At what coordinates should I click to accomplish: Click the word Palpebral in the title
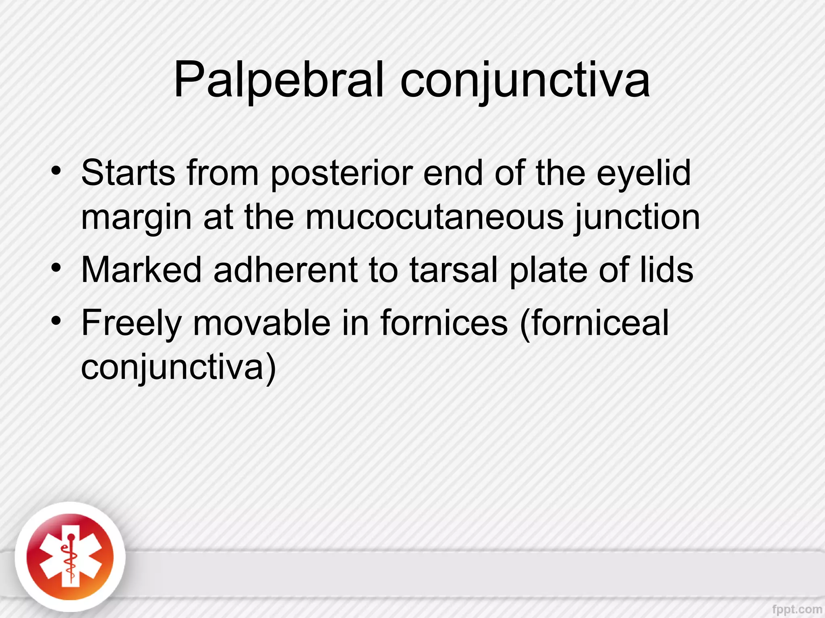(x=278, y=80)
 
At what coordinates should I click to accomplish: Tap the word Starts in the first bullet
(x=128, y=173)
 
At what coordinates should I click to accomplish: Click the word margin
(x=137, y=218)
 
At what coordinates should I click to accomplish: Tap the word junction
(x=637, y=218)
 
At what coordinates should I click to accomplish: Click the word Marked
(x=141, y=270)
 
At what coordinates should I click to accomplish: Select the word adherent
(x=285, y=270)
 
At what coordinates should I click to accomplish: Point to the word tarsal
(x=454, y=270)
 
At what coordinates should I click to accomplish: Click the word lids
(x=667, y=270)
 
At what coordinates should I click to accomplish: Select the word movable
(x=262, y=323)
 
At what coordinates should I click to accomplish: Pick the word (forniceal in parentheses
(x=595, y=323)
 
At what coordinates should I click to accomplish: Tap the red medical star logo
(x=70, y=557)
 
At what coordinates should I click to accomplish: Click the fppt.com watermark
(x=797, y=609)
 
